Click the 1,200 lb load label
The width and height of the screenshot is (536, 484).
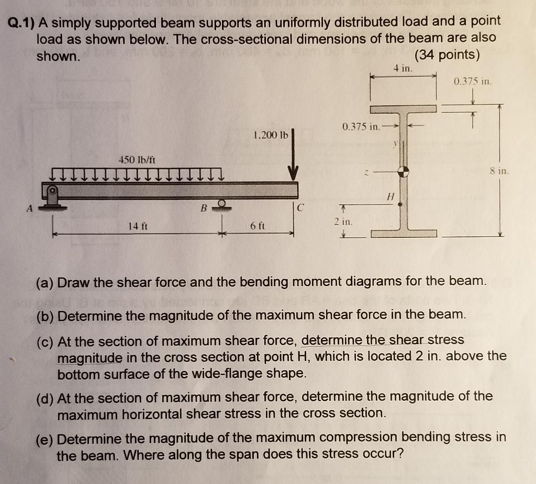(270, 135)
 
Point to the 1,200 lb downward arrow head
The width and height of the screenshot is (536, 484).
(293, 173)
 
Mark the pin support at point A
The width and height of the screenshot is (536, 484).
(52, 196)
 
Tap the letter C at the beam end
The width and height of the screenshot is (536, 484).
(299, 207)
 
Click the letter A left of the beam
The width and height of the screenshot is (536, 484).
(30, 208)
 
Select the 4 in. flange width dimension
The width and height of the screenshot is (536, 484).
(403, 68)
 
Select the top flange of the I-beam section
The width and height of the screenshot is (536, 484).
(403, 109)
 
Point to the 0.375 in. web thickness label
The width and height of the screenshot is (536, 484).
(361, 127)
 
